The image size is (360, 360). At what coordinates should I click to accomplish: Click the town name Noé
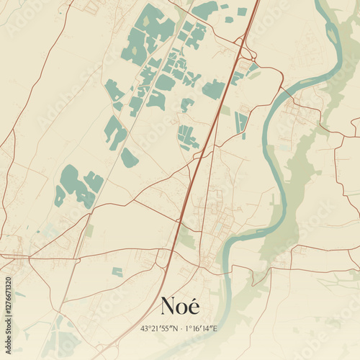180,306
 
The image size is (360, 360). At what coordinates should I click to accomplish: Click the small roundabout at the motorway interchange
249,55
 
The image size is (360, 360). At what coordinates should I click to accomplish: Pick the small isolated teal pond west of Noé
117,271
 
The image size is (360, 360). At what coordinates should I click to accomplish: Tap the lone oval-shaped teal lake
129,158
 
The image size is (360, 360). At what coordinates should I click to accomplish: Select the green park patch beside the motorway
186,238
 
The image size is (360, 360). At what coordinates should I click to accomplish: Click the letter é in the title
193,306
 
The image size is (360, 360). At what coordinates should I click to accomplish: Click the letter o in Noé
181,308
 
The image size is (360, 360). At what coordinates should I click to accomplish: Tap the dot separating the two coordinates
180,329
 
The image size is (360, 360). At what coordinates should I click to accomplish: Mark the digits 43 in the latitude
144,329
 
